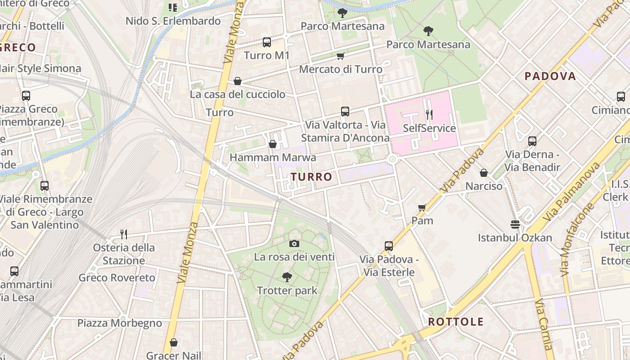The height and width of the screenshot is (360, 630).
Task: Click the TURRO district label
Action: pos(311,177)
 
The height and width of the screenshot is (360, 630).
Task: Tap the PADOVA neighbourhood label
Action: pos(550,76)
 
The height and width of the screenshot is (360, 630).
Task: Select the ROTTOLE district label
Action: pos(455,322)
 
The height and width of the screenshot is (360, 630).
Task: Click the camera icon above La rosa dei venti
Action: pos(294,244)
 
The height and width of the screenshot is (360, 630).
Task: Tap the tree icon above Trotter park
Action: pos(287,277)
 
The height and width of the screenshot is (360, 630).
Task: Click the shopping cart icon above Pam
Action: pos(422,207)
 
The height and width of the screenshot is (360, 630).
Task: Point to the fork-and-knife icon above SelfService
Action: pos(429,115)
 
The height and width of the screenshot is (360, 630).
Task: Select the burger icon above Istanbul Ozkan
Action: pos(515,224)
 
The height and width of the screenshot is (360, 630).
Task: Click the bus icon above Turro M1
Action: pos(267,42)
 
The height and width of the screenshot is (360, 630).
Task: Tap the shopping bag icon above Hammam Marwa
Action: pos(272,144)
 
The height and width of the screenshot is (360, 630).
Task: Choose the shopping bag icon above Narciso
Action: pos(484,173)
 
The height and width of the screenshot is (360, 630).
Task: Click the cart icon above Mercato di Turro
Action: pos(341,56)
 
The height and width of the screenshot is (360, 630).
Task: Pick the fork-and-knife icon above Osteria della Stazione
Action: pos(124,234)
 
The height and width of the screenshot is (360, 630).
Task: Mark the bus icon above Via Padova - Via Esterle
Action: pos(389,246)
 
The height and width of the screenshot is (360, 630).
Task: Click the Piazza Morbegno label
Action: pos(120,323)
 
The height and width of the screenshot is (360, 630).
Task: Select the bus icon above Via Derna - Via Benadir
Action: pos(532,141)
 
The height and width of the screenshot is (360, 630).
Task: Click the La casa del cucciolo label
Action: pos(238,94)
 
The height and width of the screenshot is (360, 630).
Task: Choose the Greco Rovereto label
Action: pos(117,278)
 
